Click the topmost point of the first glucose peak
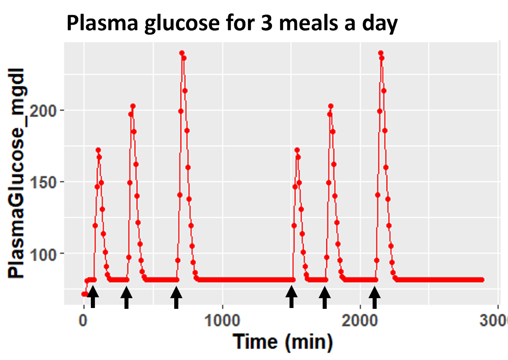[98, 150]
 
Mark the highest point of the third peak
[182, 53]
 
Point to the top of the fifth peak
[331, 106]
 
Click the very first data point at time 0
[83, 294]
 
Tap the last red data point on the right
[482, 280]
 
